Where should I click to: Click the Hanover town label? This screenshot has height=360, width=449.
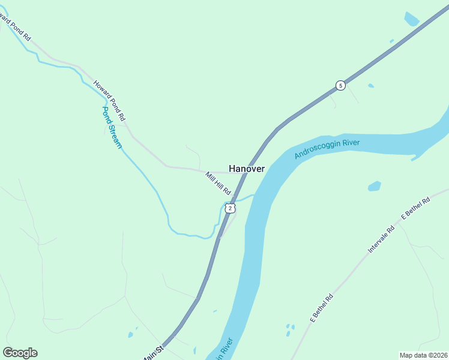point(247,169)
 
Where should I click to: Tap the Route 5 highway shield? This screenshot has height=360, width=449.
point(340,85)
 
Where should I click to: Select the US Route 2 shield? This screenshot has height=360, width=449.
point(230,208)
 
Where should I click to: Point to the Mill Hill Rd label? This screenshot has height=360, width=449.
point(218,183)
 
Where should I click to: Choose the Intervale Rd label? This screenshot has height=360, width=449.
point(381,238)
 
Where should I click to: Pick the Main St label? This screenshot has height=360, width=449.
point(153,354)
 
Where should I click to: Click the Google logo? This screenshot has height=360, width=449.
point(20,353)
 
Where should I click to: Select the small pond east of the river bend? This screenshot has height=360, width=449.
point(375,186)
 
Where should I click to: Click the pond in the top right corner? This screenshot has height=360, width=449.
point(411,19)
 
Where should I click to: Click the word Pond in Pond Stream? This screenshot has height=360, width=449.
point(107,116)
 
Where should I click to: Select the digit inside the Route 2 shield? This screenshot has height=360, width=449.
point(230,208)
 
